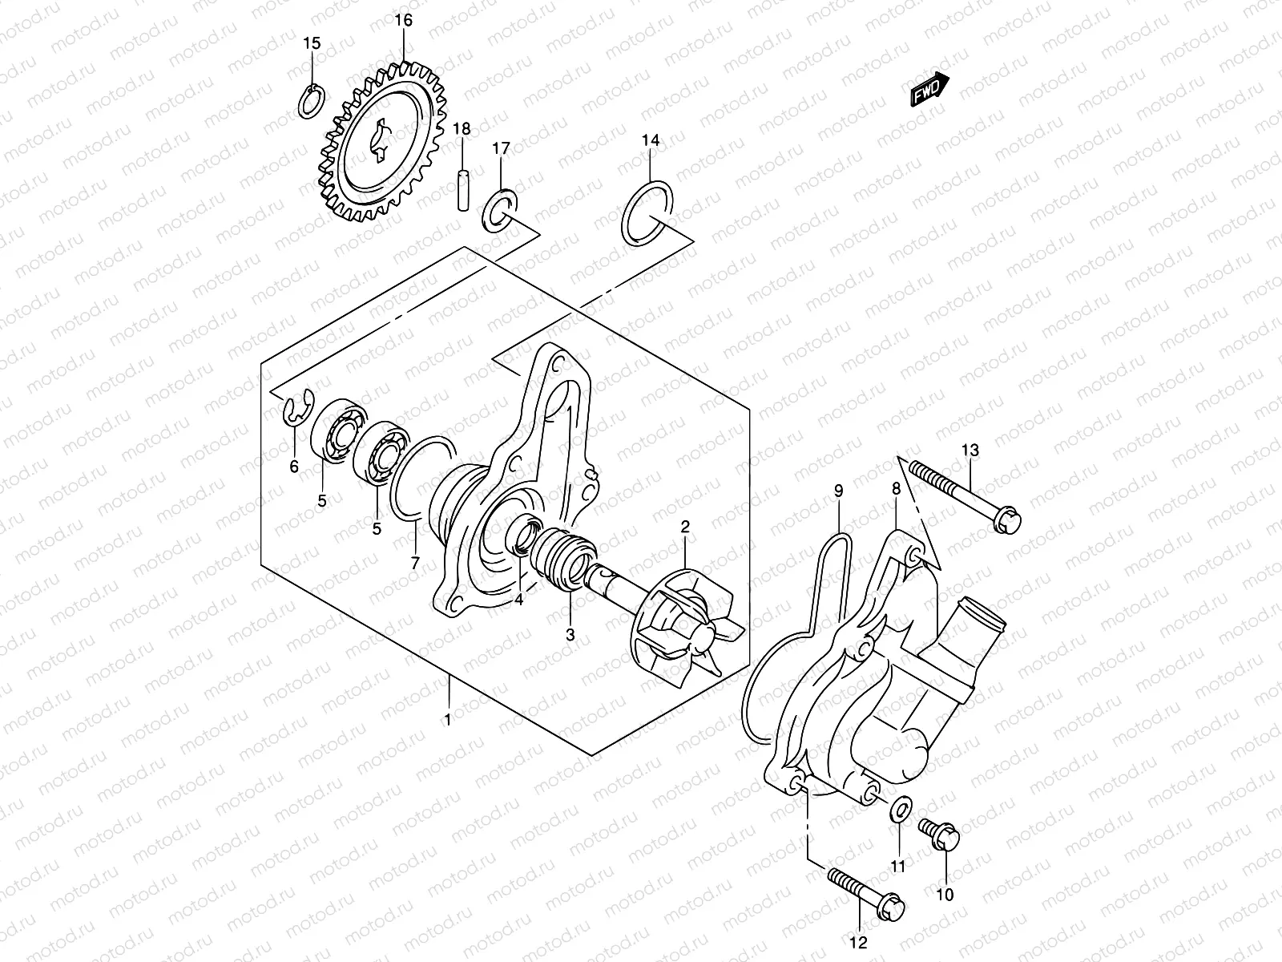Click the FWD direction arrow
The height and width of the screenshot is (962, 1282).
[x=929, y=90]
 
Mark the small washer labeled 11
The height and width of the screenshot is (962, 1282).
[x=899, y=806]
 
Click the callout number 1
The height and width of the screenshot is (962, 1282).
[x=448, y=720]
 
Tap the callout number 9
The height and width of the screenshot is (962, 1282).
[x=838, y=491]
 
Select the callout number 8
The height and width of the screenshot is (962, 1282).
[x=897, y=487]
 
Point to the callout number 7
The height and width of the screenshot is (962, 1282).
[x=414, y=564]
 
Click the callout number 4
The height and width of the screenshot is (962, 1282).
[x=519, y=600]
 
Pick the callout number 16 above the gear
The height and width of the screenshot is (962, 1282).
[x=404, y=20]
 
